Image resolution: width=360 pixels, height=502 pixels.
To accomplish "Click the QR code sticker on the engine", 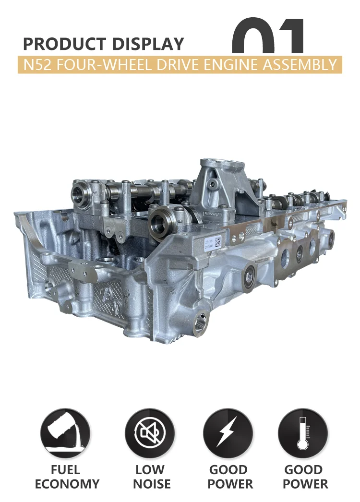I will (217, 241).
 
